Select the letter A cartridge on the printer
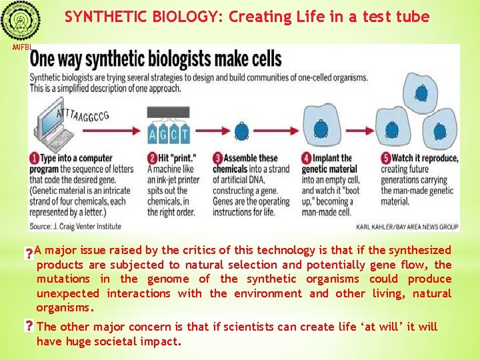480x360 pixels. point(155,133)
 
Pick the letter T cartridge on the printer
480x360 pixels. point(184,133)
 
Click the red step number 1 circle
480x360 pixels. point(34,158)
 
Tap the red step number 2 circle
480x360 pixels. point(153,158)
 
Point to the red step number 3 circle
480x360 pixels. point(218,158)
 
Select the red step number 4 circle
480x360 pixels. point(307,158)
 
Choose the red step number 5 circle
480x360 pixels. point(385,158)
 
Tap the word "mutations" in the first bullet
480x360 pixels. point(63,279)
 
